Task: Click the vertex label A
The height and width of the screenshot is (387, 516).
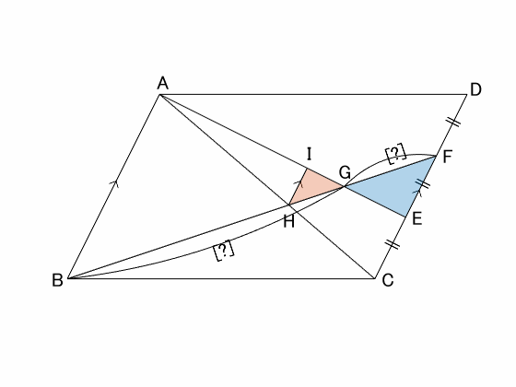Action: coord(163,83)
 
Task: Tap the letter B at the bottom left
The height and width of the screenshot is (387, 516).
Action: coord(57,280)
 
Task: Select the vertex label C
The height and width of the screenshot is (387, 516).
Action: coord(388,280)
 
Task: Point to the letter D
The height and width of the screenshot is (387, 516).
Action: coord(475,89)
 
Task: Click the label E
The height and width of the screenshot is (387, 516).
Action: coord(416,218)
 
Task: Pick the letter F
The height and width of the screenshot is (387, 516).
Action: coord(447,157)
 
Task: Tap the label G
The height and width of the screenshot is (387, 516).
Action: coord(345,172)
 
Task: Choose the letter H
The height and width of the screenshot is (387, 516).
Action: coord(288,222)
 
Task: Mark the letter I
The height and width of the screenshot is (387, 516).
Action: coord(309,154)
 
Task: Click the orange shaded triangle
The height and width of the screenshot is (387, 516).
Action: coord(312,188)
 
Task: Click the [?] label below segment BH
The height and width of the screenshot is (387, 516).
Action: coord(224,250)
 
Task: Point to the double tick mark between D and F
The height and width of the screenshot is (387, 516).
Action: coord(453,122)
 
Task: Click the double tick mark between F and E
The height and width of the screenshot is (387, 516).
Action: coord(423,183)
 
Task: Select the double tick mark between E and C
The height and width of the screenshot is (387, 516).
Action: coord(392,244)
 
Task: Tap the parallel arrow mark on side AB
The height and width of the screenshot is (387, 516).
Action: coord(114,183)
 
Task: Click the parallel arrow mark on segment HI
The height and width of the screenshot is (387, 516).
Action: coord(299,183)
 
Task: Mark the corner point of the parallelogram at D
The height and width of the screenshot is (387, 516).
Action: coord(467,94)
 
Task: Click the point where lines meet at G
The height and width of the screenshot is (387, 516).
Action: coord(345,186)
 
